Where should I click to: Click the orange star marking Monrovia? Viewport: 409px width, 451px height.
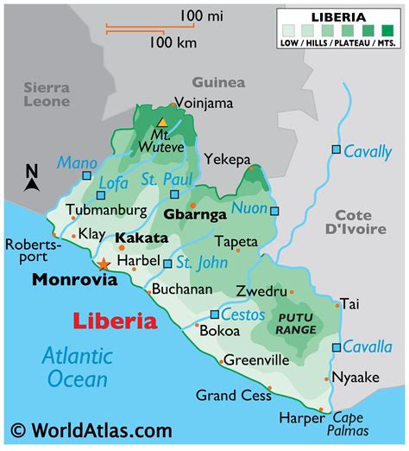click(104, 264)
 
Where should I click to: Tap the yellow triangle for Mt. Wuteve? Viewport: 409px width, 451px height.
click(161, 123)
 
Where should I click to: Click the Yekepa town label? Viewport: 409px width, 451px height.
click(227, 159)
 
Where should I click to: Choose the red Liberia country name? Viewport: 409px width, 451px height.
click(114, 322)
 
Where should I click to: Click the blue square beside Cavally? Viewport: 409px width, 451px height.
click(336, 150)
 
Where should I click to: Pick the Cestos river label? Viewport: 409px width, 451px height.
click(242, 314)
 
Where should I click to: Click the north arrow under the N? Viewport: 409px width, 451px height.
click(32, 184)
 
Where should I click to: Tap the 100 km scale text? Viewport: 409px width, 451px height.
click(170, 41)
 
